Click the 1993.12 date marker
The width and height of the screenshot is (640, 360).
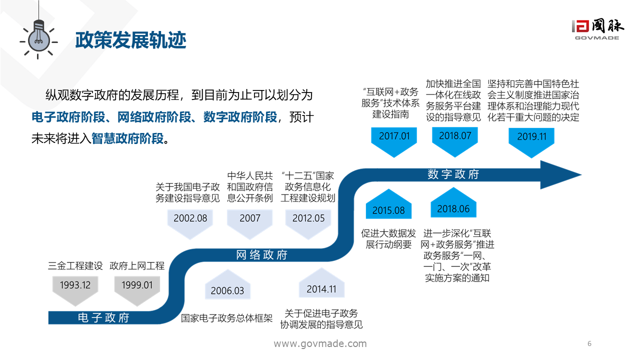[75, 285]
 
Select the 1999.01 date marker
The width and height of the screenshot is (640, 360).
[137, 285]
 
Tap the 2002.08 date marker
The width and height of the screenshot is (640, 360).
[190, 218]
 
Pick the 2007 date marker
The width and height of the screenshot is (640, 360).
[250, 218]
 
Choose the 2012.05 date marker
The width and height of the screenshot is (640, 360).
[308, 218]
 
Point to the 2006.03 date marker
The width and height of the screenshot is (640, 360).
[227, 290]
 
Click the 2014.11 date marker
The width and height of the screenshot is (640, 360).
[321, 289]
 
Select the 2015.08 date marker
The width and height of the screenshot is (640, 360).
[388, 209]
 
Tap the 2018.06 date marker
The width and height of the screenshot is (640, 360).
[453, 208]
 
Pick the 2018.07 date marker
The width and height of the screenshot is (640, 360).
[455, 136]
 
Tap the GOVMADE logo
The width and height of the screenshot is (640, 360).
[597, 30]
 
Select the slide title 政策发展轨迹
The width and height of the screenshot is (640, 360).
[130, 40]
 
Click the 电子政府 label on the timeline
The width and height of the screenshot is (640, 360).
[103, 318]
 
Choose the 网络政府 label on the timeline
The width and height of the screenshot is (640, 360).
[262, 255]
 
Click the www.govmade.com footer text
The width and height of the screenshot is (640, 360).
[320, 344]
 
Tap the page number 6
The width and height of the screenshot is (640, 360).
[589, 343]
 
